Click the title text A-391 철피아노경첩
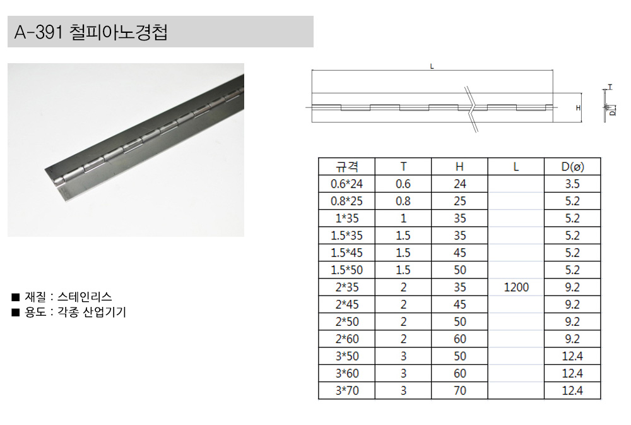point(91,32)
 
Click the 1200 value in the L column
point(516,287)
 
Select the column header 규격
point(347,166)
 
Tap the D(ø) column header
point(572,166)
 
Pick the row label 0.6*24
point(346,184)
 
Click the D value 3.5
point(572,184)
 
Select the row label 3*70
point(347,390)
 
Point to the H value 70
point(459,390)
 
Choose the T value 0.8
point(403,201)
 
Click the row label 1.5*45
point(346,253)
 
